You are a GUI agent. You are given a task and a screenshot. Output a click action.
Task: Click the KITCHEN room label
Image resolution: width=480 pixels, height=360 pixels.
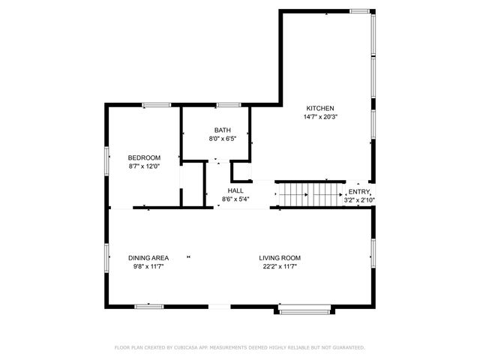319,108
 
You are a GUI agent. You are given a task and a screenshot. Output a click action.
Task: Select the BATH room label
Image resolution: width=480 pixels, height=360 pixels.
222,130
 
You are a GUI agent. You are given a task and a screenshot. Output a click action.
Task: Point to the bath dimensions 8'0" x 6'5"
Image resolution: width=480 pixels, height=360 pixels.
222,139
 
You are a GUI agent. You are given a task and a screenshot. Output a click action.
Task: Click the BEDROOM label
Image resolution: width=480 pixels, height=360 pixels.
144,157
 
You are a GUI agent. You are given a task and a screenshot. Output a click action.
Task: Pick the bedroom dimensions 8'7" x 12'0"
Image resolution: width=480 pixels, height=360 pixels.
144,166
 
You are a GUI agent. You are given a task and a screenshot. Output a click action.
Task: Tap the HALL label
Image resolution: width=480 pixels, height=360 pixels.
235,190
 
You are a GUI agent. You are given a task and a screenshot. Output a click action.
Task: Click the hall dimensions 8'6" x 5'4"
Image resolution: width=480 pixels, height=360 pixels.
235,199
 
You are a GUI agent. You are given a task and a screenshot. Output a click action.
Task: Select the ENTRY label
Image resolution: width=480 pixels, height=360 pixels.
358,192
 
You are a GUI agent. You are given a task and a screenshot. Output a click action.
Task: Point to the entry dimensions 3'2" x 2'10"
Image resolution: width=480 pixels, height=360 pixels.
359,200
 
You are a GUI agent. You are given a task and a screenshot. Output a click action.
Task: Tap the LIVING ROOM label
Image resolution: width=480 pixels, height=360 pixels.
280,258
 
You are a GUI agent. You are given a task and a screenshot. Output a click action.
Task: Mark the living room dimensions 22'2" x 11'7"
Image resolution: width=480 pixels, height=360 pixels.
280,267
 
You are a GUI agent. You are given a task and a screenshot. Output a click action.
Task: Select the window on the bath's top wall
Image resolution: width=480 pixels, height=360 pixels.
227,105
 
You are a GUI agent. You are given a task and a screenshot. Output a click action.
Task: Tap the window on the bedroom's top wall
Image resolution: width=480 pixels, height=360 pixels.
156,105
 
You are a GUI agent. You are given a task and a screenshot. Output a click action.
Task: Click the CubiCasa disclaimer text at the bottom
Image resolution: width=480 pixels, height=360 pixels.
239,347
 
